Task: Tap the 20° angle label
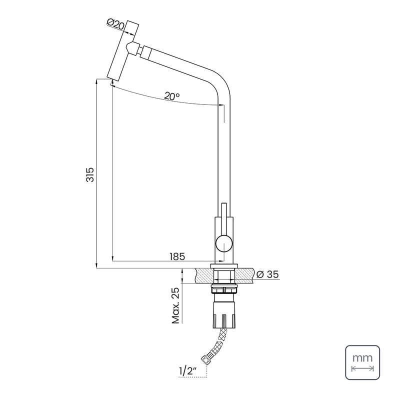[x=171, y=96]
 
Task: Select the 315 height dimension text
[x=90, y=174]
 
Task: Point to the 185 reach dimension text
[x=177, y=256]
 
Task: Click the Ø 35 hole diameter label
[x=267, y=274]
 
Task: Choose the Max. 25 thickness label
[x=176, y=305]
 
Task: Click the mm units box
[x=362, y=362]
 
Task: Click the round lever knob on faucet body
[x=224, y=243]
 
